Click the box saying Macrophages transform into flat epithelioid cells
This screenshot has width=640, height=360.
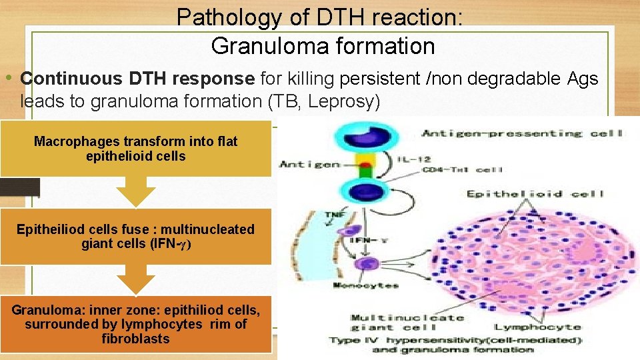[135, 149]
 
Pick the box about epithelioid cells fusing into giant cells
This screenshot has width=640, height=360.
[135, 236]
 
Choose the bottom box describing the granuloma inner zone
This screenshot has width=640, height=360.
[135, 324]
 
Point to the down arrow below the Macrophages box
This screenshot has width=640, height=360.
[135, 192]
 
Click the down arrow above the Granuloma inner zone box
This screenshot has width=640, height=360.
[135, 279]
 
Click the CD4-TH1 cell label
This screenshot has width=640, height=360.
[461, 171]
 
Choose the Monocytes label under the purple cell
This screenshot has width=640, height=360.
[365, 286]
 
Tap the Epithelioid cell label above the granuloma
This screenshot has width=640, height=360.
[535, 194]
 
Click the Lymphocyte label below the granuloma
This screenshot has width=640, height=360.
[537, 327]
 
